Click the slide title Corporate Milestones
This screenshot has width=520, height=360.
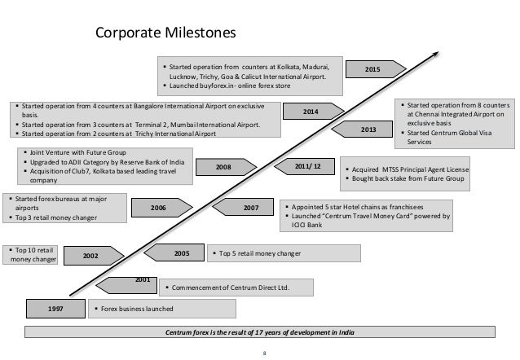click(x=165, y=33)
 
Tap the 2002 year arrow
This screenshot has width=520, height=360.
click(x=92, y=256)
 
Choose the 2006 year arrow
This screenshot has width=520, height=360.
click(x=159, y=209)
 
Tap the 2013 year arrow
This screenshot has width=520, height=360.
click(x=369, y=130)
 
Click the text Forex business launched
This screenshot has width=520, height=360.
click(x=136, y=309)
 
